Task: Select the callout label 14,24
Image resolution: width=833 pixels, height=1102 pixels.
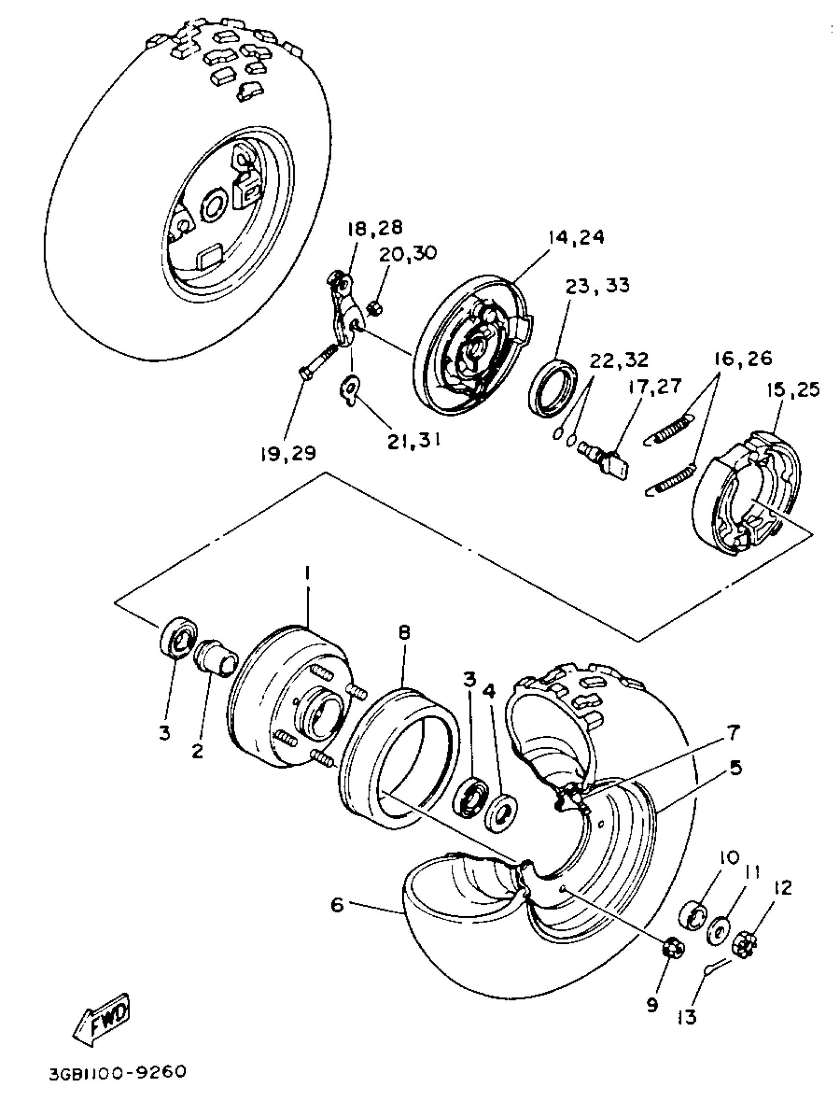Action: pos(576,237)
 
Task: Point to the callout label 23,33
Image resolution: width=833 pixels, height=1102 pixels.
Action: pos(597,285)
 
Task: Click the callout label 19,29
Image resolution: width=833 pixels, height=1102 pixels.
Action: pos(287,454)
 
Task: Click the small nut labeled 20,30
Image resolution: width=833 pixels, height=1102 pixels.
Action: pos(374,308)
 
